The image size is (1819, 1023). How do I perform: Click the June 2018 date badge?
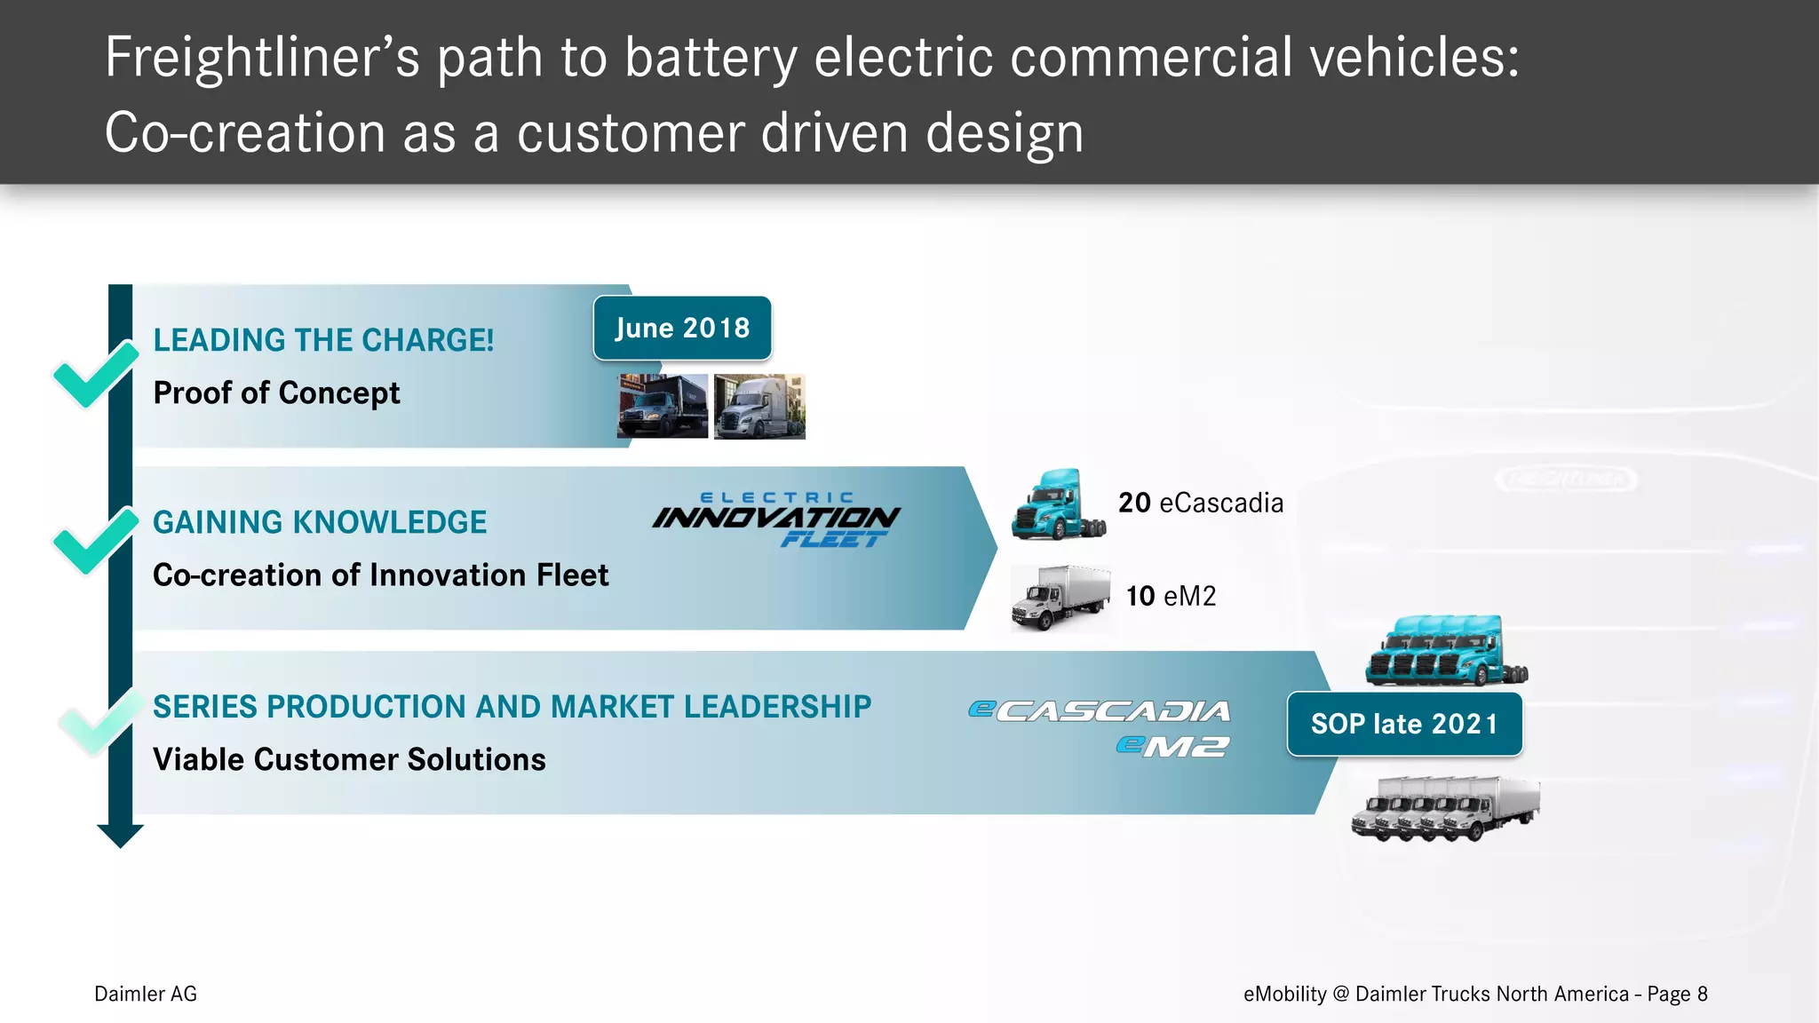pos(682,328)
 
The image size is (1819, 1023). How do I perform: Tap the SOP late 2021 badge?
pos(1404,724)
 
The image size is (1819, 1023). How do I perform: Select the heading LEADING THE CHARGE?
pos(323,340)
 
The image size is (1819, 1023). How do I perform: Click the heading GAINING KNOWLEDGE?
pos(320,522)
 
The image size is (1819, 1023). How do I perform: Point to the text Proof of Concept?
pos(276,393)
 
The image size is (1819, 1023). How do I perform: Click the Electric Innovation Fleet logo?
pos(776,519)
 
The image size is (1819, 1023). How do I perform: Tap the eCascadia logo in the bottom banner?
pos(1100,710)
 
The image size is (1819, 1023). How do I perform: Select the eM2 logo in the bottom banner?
pos(1172,746)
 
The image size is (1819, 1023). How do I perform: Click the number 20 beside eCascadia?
pos(1134,503)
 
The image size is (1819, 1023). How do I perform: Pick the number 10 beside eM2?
pos(1140,596)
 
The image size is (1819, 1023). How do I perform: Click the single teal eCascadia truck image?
pos(1058,504)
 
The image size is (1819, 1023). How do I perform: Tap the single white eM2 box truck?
pos(1060,597)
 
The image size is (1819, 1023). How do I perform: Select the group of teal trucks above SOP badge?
pos(1446,651)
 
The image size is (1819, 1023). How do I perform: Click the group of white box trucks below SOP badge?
pos(1445,807)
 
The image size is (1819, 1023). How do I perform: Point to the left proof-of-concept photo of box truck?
pos(663,406)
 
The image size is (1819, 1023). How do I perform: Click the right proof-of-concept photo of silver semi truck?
pos(759,406)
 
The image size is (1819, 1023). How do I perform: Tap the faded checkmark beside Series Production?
pos(99,720)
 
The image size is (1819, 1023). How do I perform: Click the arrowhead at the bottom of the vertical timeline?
pos(120,835)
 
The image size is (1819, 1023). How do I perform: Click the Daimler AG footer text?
pos(146,994)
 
